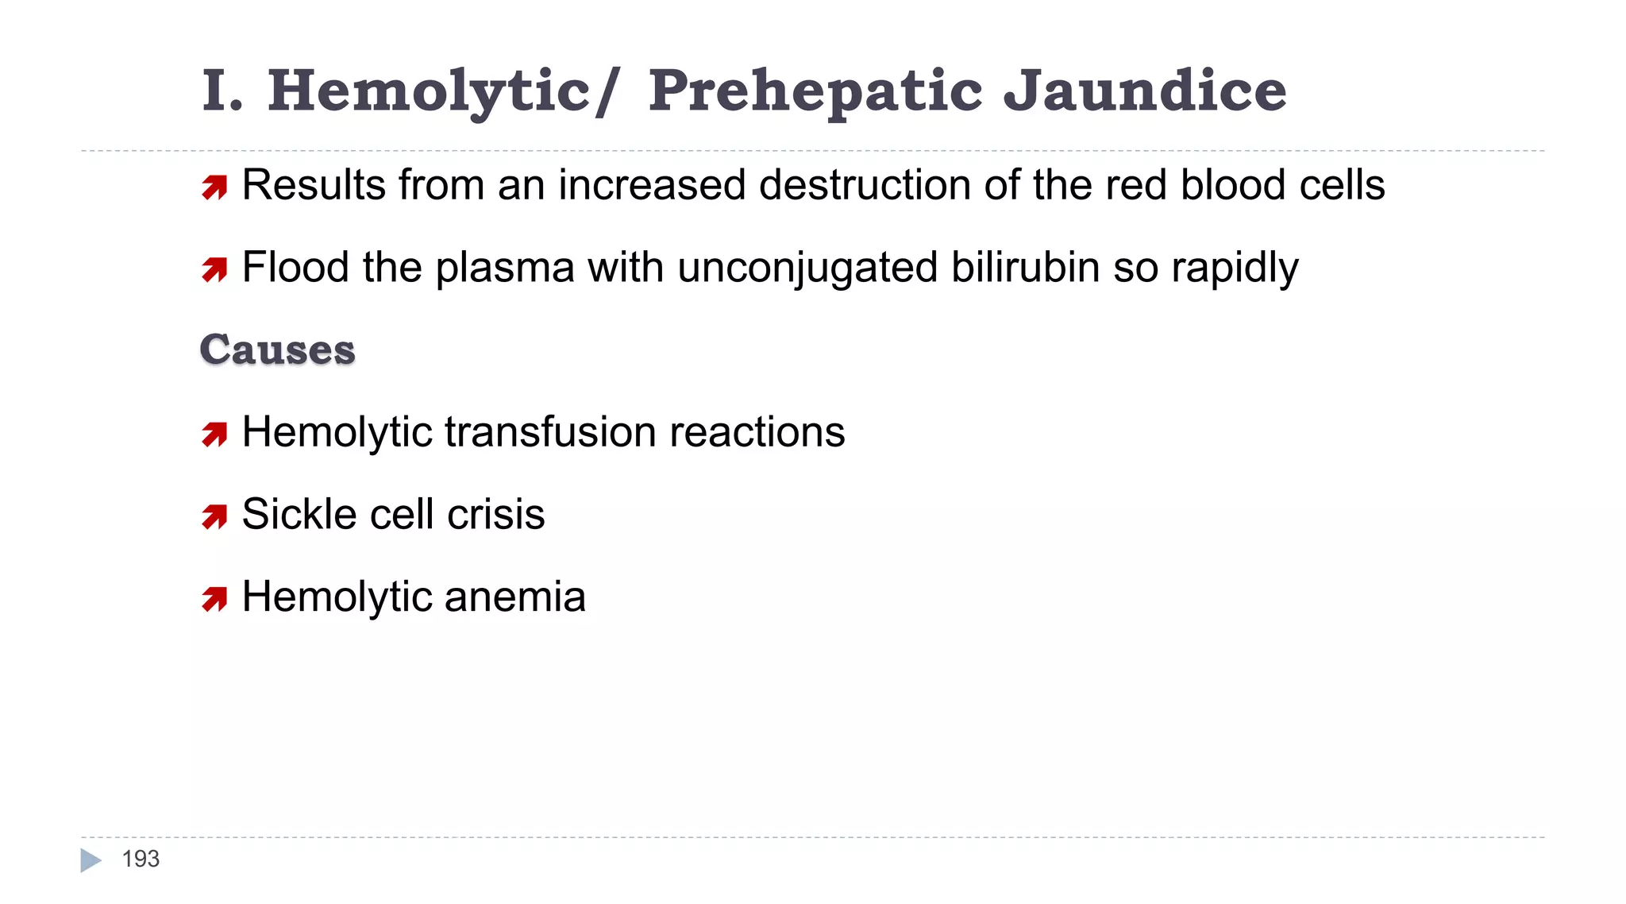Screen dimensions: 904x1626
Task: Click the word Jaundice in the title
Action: pos(1144,91)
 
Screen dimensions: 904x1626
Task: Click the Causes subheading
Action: pos(277,350)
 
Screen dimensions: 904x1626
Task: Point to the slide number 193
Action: pos(141,859)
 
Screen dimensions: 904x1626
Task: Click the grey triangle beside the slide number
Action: pos(91,860)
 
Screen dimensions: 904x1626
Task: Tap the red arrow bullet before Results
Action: pos(214,187)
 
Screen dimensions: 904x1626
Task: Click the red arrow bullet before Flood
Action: pos(214,269)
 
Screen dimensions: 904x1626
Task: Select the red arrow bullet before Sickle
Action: pos(214,516)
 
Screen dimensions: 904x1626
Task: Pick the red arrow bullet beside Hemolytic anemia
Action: pos(214,599)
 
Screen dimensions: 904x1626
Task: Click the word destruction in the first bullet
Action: pos(865,185)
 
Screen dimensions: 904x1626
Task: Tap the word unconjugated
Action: pos(807,267)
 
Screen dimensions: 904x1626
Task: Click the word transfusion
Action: pos(549,432)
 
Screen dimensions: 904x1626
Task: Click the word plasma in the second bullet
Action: pos(504,268)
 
